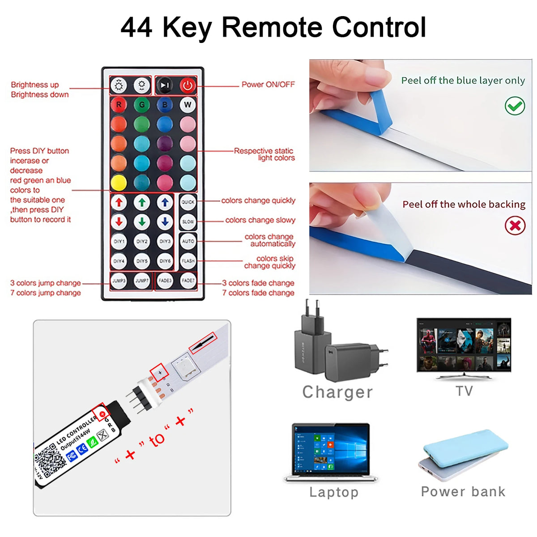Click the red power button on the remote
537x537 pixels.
coord(188,85)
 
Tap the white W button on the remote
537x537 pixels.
coord(188,105)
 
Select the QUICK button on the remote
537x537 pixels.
coord(188,202)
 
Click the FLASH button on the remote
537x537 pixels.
coord(188,261)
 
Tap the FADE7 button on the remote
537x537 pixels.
coord(188,281)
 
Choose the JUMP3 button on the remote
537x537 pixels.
coord(119,281)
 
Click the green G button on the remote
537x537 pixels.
coord(142,105)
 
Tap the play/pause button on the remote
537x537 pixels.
coord(165,85)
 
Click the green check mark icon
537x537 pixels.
coord(515,106)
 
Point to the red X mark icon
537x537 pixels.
coord(515,225)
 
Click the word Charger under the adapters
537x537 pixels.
coord(337,392)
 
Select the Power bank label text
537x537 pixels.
coord(463,491)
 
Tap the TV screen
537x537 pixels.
coord(464,345)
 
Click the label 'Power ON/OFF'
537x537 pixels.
coord(268,85)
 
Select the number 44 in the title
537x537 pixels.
coord(136,27)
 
